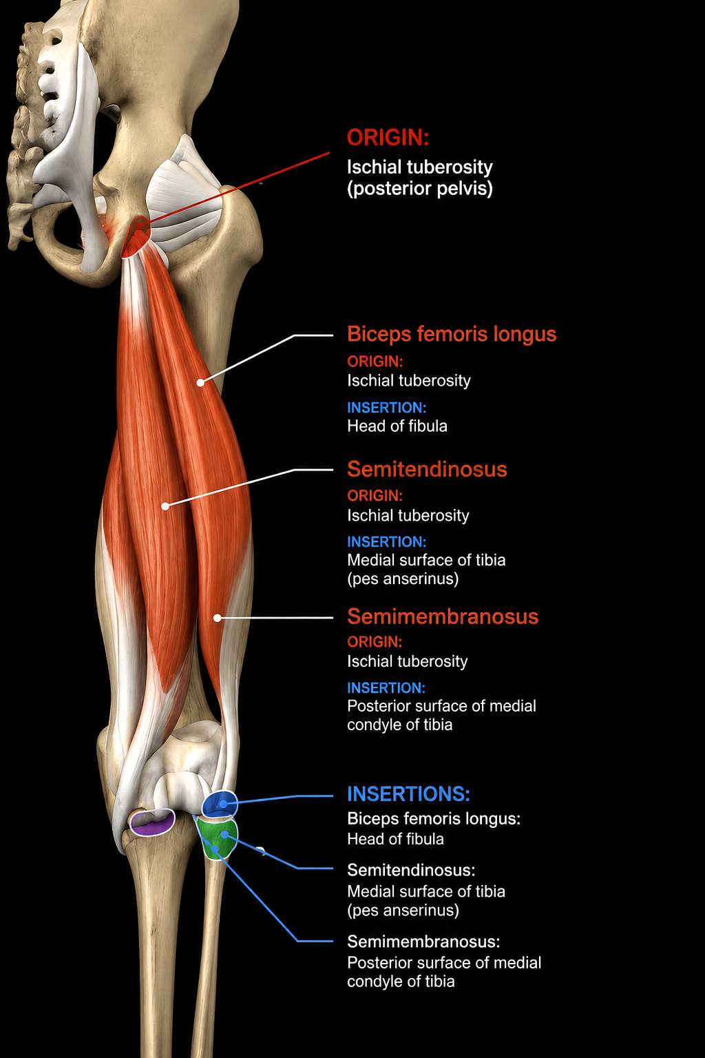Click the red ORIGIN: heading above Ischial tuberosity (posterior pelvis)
(388, 138)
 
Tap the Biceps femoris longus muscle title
(452, 334)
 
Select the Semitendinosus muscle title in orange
(427, 469)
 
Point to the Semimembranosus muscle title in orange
(443, 616)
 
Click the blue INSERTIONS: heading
(409, 794)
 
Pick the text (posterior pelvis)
(420, 189)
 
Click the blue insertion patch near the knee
(220, 804)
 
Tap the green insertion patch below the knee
(217, 838)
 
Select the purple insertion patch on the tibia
(152, 823)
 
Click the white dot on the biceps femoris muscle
(200, 382)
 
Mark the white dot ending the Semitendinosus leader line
(165, 506)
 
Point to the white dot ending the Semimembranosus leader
(217, 618)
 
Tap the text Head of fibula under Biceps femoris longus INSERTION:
(397, 426)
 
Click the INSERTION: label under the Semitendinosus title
(387, 542)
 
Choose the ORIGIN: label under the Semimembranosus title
(375, 642)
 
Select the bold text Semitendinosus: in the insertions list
(411, 869)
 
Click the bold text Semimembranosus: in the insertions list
(423, 942)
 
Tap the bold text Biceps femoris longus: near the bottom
(434, 818)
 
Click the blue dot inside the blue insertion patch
(223, 803)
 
